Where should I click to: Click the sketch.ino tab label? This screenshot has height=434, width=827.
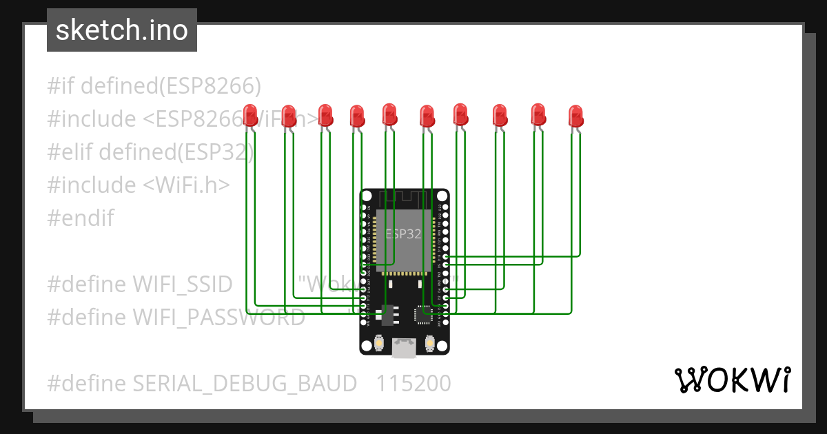click(122, 30)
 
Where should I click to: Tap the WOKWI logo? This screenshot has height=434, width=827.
click(732, 380)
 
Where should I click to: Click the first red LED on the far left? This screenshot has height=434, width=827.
click(251, 114)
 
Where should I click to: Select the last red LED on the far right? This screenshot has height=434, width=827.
click(575, 116)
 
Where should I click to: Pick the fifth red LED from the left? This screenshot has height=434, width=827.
click(390, 114)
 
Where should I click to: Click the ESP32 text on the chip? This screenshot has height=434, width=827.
click(403, 234)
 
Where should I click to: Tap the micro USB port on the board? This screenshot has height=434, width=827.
click(403, 348)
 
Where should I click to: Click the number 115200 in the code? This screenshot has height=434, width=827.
click(413, 383)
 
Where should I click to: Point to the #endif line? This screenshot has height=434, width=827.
click(81, 218)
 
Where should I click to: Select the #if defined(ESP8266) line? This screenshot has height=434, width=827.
click(154, 86)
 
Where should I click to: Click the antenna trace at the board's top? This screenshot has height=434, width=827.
click(404, 198)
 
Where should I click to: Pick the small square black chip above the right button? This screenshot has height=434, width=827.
click(423, 314)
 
